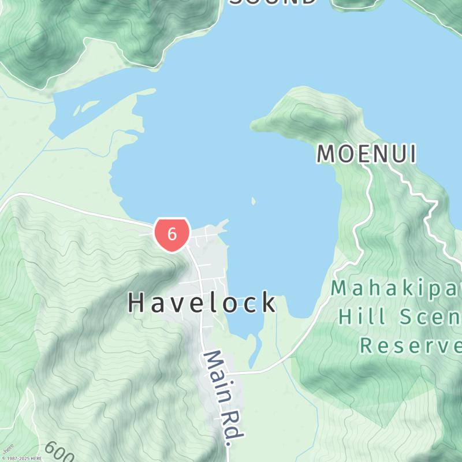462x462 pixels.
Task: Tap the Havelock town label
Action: (202, 303)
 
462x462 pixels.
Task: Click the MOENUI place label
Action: (367, 154)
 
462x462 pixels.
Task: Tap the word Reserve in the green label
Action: (411, 345)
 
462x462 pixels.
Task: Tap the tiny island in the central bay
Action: (253, 202)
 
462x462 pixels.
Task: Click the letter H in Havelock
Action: (136, 303)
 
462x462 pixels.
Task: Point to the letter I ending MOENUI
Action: (412, 154)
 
